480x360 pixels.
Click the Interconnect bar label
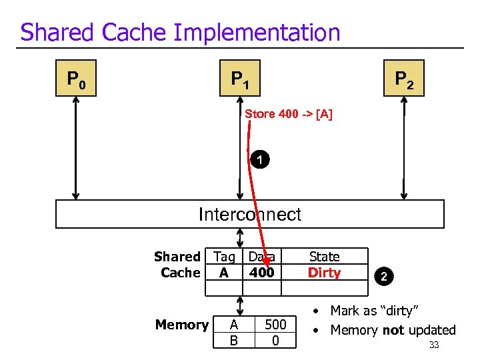249,215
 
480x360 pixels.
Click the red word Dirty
324,273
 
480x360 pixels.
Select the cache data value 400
261,273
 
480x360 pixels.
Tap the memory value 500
275,325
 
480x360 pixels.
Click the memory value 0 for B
275,341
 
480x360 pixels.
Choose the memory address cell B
233,341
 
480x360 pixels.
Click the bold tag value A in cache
223,273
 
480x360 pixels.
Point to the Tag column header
224,257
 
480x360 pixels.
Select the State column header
324,257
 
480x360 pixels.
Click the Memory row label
181,325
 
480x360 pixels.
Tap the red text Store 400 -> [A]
288,114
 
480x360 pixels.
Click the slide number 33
433,345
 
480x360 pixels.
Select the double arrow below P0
75,148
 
